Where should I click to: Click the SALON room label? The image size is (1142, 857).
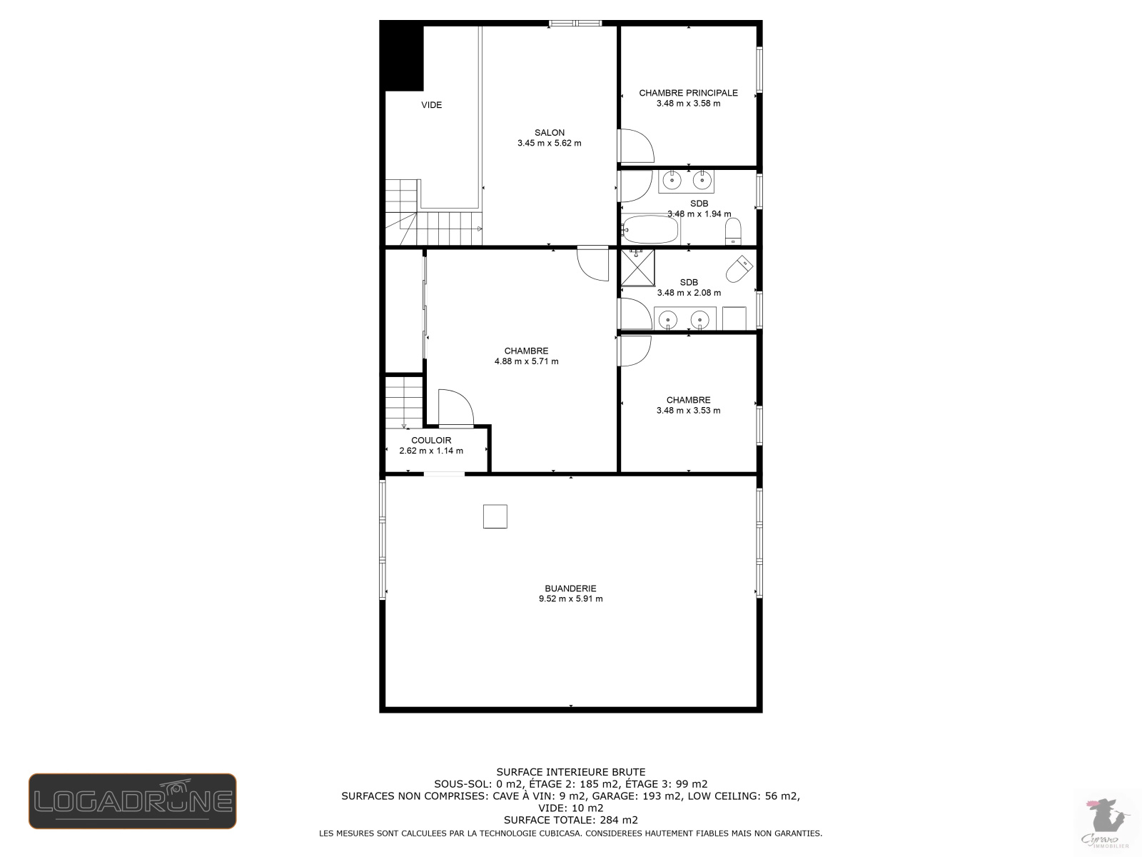tap(549, 132)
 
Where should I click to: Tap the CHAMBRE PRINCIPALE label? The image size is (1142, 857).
tap(688, 93)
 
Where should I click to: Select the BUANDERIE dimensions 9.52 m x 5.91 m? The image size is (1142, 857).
tap(570, 599)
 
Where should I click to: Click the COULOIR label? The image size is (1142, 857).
tap(431, 440)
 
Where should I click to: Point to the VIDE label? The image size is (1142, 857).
tap(431, 105)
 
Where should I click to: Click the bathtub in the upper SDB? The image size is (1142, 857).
tap(650, 230)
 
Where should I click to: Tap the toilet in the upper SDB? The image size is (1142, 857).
tap(733, 230)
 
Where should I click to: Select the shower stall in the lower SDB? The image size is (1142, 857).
tap(637, 266)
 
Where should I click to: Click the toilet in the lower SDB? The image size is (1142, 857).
tap(739, 269)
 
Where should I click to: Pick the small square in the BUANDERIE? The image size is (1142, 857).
tap(495, 516)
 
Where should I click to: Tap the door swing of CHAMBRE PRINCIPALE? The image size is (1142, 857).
tap(635, 146)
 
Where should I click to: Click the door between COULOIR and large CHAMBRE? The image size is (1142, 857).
tap(455, 409)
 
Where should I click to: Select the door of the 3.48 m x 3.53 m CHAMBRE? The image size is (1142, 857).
tap(634, 351)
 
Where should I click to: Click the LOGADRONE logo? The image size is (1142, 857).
tap(132, 801)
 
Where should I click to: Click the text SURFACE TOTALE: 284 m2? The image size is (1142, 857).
tap(570, 820)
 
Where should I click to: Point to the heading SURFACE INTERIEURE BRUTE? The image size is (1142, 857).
tap(570, 772)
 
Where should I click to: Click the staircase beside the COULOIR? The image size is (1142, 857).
tap(404, 402)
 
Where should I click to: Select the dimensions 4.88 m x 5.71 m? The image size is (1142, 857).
tap(526, 361)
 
